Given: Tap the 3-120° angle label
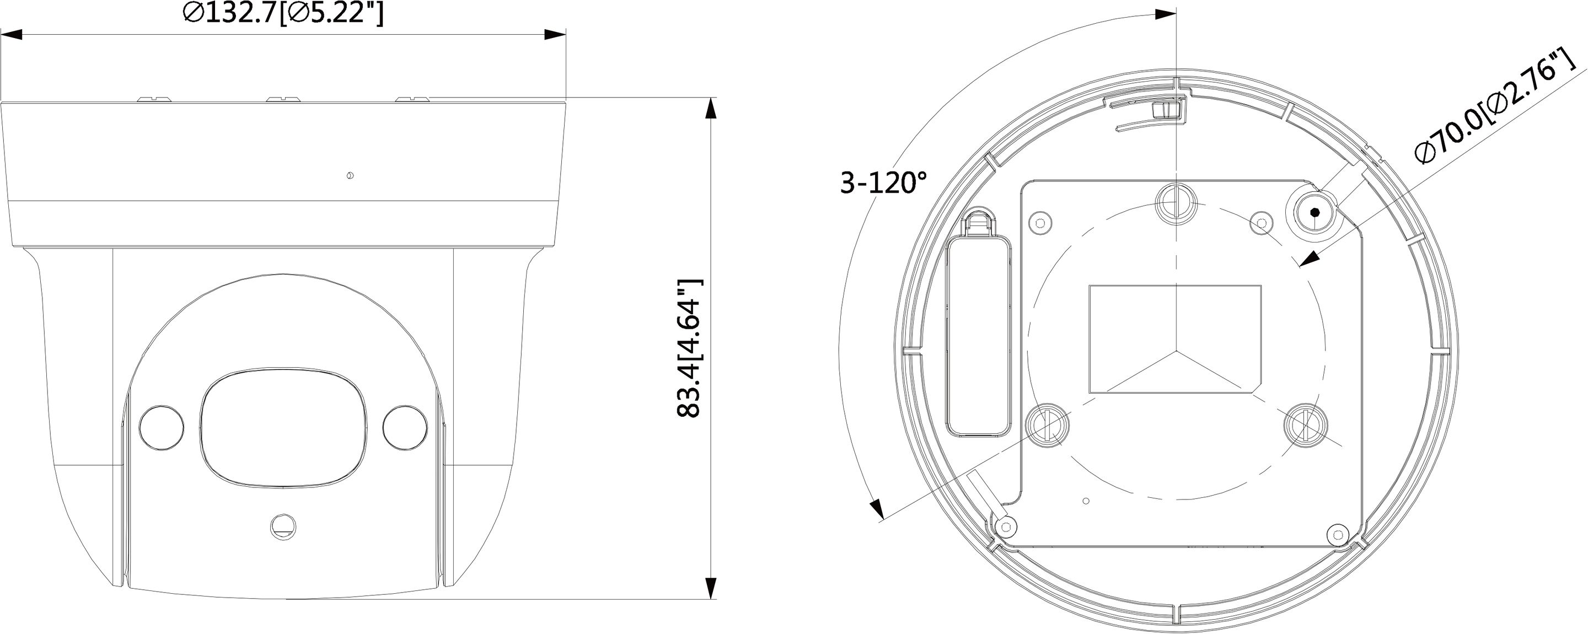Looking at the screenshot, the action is (883, 183).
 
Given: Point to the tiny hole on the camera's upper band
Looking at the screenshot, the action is (350, 176).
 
